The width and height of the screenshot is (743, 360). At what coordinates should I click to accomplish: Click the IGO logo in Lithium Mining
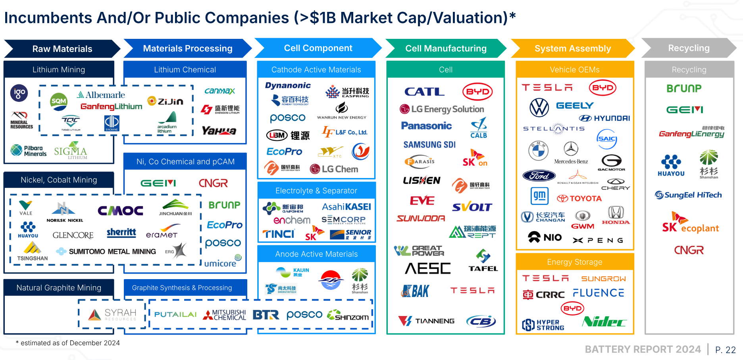19,93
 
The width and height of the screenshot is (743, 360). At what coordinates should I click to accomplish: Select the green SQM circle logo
59,101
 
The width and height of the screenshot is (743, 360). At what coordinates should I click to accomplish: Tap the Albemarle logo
101,95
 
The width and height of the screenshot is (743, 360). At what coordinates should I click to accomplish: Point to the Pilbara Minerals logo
29,151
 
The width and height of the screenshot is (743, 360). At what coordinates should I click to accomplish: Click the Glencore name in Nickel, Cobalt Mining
73,235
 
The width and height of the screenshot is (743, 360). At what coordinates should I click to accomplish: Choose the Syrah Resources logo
112,315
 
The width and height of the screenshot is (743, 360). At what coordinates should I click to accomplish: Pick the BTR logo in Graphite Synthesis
266,315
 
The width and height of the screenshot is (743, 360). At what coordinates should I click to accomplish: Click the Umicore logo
222,262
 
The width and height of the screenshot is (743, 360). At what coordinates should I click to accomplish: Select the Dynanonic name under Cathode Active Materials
288,86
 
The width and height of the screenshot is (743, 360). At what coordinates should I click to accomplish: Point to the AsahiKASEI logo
346,207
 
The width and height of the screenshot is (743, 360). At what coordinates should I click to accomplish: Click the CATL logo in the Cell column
424,92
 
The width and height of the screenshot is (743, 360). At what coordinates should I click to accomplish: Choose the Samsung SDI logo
429,145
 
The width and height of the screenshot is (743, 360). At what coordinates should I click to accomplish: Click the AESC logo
427,268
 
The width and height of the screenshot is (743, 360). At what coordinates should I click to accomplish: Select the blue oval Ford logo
539,176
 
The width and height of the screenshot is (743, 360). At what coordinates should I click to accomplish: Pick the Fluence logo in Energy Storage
599,293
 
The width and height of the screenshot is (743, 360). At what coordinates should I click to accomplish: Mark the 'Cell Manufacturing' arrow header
446,48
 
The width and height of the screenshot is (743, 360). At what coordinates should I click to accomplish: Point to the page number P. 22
725,350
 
